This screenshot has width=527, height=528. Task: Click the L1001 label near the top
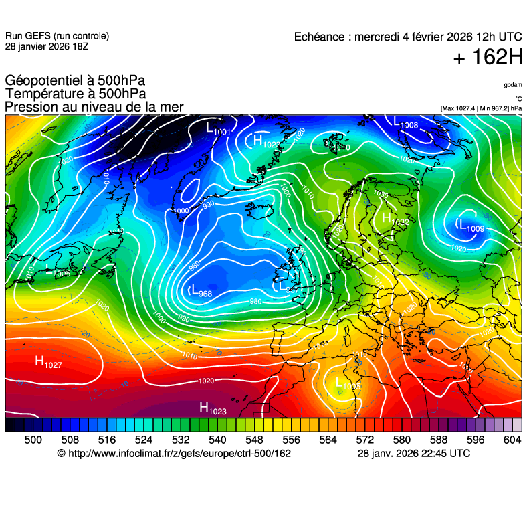tap(218, 128)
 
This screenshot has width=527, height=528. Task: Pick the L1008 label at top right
tap(406, 123)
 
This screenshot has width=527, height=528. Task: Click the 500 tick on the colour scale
tap(33, 440)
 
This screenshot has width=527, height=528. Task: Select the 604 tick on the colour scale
tap(512, 440)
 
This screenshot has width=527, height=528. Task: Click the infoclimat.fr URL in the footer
tap(179, 454)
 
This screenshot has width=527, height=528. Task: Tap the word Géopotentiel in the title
tap(43, 81)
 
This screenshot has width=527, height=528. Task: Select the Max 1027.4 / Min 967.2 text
tap(481, 108)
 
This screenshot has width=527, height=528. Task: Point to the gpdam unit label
tap(513, 85)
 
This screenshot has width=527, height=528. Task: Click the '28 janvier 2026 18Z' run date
tap(46, 46)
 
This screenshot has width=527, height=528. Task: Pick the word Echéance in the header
tap(319, 37)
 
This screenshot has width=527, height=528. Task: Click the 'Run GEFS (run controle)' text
tap(57, 36)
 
